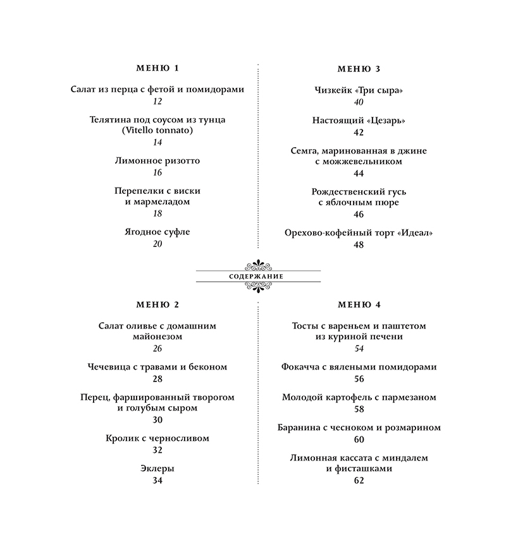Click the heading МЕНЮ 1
(x=157, y=68)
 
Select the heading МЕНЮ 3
(x=359, y=69)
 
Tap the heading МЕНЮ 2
(x=157, y=304)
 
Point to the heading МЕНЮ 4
(x=359, y=304)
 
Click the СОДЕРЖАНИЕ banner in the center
(x=258, y=277)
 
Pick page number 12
(x=157, y=101)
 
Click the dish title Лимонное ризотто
(x=157, y=160)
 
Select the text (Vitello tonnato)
(x=157, y=130)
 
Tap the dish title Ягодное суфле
(x=157, y=232)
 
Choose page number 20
(x=157, y=244)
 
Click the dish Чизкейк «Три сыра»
(x=359, y=90)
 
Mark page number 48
(x=359, y=244)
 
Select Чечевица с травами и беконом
(x=157, y=366)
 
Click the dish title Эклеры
(x=157, y=468)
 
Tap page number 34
(x=157, y=480)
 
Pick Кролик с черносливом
(x=157, y=438)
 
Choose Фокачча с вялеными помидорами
(x=359, y=366)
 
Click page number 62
(x=359, y=481)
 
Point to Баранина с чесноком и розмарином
(x=359, y=428)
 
